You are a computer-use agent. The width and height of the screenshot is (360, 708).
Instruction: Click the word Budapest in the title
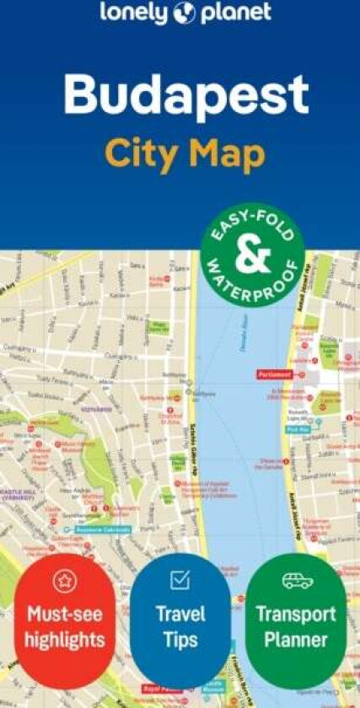coord(186,97)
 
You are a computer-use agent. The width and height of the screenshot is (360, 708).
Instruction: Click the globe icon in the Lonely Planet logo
coord(185,13)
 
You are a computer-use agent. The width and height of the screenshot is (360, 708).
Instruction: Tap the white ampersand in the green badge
coord(252,256)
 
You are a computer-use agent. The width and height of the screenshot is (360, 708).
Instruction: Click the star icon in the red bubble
coord(65,580)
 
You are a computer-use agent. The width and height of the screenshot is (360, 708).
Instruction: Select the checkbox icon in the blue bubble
coord(180,579)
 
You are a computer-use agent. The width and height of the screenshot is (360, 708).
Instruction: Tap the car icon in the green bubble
coord(296,581)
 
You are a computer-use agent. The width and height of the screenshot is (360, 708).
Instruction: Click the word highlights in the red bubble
coord(64,641)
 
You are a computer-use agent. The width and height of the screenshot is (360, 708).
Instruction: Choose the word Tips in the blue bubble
coord(180,639)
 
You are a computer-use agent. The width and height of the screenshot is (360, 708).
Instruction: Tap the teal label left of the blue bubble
coord(103,529)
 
